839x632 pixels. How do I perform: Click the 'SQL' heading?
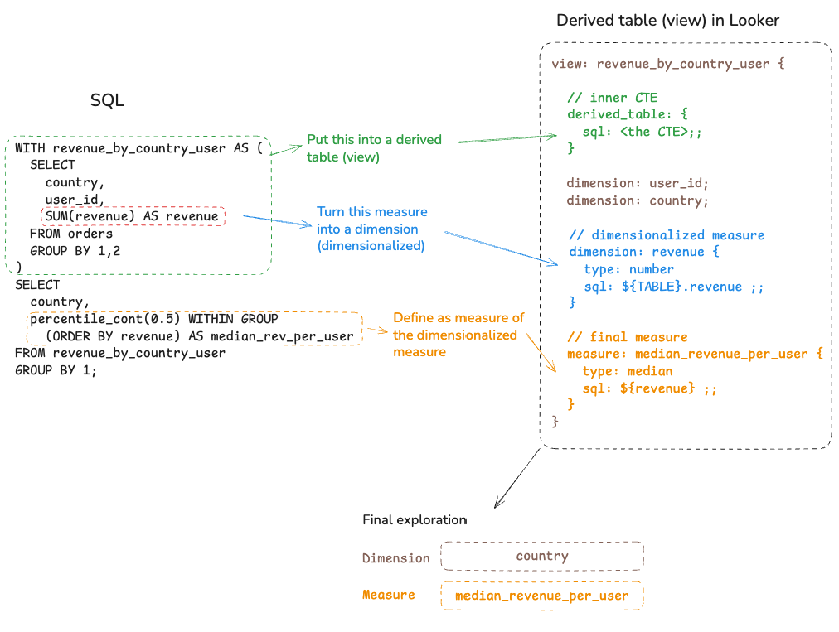click(x=107, y=100)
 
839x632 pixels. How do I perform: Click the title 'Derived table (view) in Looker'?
click(x=668, y=20)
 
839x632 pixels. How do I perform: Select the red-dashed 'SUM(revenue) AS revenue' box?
click(x=132, y=217)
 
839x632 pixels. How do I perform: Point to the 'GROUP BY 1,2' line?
click(x=75, y=251)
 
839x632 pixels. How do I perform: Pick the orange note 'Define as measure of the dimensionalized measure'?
click(x=458, y=335)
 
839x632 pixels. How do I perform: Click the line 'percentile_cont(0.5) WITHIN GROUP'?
click(x=153, y=319)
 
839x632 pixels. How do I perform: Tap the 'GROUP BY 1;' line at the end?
click(x=56, y=370)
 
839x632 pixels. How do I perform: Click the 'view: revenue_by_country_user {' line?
click(x=667, y=63)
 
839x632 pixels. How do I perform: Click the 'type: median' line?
click(x=627, y=371)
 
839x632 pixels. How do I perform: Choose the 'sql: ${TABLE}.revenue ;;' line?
click(x=673, y=287)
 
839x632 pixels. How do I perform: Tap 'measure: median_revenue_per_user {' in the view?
click(x=694, y=354)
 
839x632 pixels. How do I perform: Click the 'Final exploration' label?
click(x=415, y=519)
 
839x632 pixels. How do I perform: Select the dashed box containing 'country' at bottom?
click(x=542, y=556)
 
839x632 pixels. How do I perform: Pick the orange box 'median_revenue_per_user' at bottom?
click(x=542, y=596)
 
